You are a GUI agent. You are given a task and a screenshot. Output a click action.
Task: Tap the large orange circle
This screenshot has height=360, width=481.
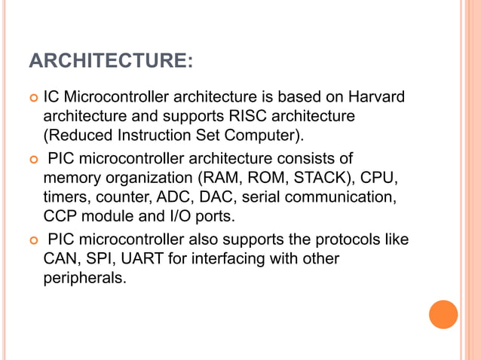[443, 314]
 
